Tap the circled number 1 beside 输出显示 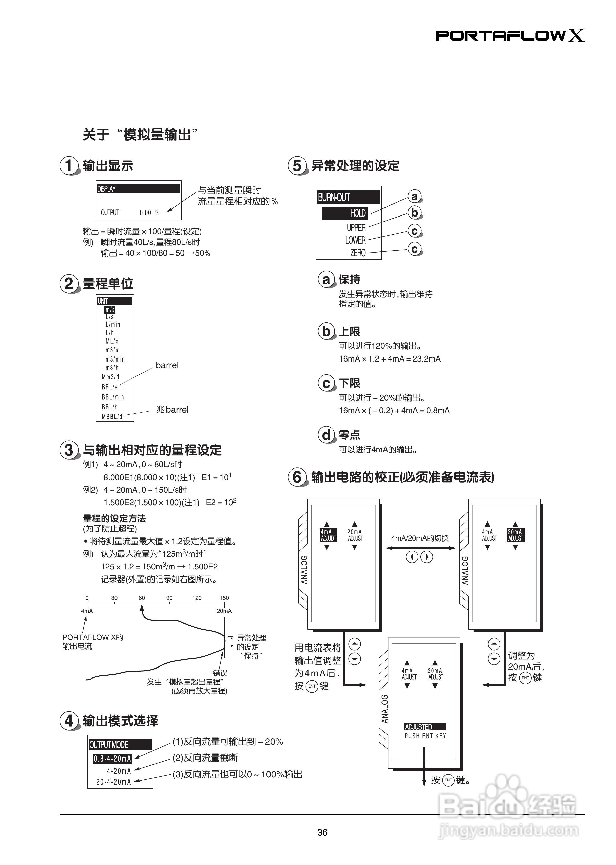[x=69, y=166]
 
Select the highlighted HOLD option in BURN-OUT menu [x=344, y=213]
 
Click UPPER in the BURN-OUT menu [x=356, y=228]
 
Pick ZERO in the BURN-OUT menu [x=358, y=253]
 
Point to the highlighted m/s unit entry [x=110, y=310]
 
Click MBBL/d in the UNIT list [x=112, y=417]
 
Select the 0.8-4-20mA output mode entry [x=112, y=759]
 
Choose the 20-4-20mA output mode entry [x=113, y=782]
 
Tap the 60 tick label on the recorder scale [x=141, y=598]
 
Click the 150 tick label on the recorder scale [x=224, y=598]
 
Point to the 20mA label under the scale [x=224, y=611]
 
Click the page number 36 [x=322, y=832]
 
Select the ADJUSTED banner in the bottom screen [x=425, y=727]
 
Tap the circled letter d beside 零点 [x=326, y=435]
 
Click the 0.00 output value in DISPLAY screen [x=145, y=213]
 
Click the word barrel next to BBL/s [x=167, y=365]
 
